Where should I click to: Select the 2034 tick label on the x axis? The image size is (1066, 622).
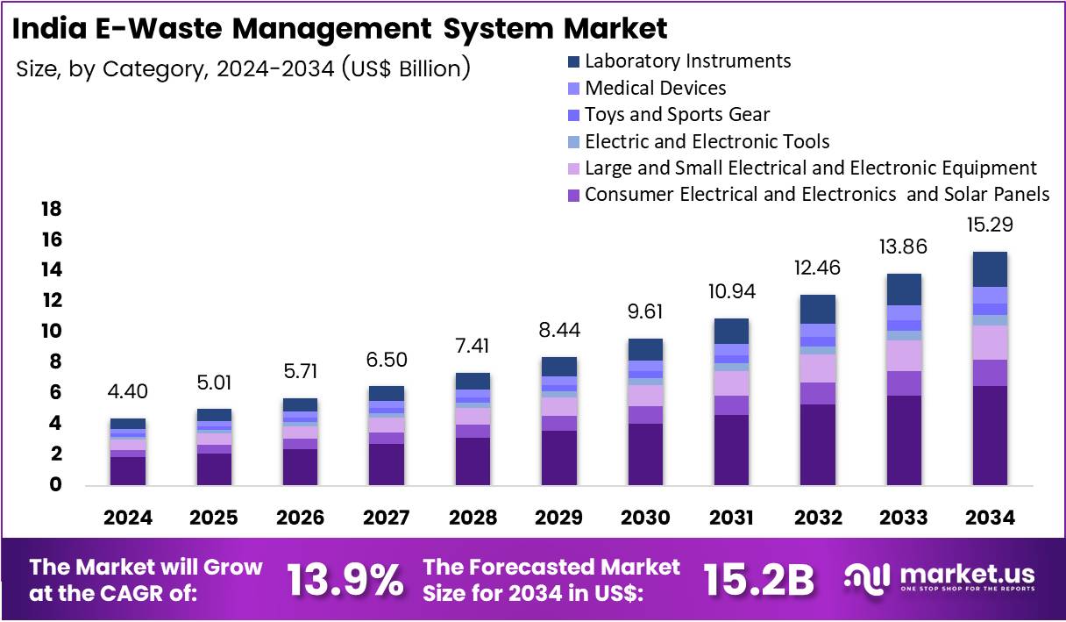(x=990, y=518)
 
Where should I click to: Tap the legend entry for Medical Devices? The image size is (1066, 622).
(x=655, y=88)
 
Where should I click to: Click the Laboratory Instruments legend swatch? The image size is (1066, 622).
(x=573, y=61)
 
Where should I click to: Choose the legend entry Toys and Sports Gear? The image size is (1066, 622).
(x=677, y=114)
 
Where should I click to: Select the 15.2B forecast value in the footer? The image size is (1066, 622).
(x=759, y=579)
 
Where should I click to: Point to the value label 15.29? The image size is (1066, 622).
(x=990, y=225)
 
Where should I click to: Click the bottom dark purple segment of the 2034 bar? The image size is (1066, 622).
(x=990, y=435)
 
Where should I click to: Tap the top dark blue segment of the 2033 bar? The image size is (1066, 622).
(x=904, y=290)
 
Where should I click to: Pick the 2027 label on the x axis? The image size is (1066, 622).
(x=387, y=518)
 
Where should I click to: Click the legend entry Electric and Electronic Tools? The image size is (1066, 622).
(x=707, y=141)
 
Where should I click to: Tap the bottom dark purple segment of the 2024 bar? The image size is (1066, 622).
(x=128, y=471)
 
